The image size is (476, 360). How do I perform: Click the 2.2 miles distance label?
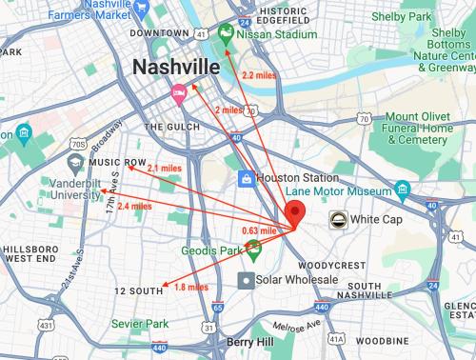(260, 74)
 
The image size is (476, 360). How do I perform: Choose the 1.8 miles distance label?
(191, 287)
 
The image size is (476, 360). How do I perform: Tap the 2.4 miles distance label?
(134, 206)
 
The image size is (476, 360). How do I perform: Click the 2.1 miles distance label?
(164, 168)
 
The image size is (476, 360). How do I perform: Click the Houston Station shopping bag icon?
(245, 178)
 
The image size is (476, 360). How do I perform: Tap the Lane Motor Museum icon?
(404, 190)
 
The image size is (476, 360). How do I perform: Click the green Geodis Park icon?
(253, 250)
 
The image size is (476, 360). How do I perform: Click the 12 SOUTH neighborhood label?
(139, 290)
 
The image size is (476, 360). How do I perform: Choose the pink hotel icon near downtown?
(178, 92)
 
